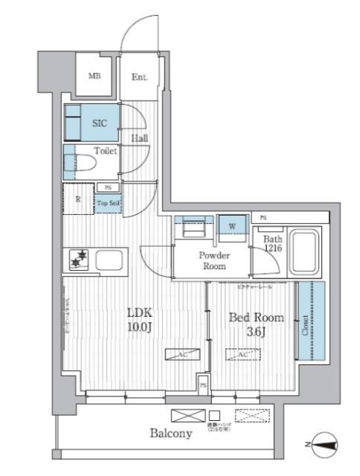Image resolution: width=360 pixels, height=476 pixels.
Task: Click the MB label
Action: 95,76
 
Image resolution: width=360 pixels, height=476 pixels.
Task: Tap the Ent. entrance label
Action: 139,76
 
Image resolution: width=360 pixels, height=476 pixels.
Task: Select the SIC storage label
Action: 99,124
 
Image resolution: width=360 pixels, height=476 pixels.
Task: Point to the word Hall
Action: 140,138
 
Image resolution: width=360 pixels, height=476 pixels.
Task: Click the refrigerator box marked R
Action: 78,199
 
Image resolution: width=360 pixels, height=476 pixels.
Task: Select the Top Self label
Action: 107,202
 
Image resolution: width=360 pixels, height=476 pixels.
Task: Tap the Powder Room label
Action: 214,260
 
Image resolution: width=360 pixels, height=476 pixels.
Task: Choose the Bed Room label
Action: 256,318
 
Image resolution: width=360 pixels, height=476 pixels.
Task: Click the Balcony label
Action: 171,434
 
